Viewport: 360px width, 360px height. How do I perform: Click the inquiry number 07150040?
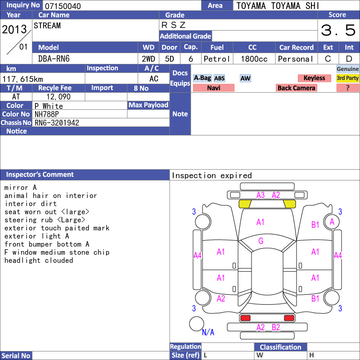point(63,6)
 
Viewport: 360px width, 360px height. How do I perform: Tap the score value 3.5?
point(338,30)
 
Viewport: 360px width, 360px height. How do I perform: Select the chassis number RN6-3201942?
point(57,122)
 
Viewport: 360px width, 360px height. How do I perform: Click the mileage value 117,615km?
point(22,79)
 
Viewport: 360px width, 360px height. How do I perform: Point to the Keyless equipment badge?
point(314,78)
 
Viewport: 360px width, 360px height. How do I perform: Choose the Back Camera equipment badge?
point(296,88)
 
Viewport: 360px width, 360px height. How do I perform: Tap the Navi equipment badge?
point(213,88)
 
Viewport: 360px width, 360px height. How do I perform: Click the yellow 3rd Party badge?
point(347,78)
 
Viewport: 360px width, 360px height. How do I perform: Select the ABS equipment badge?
point(219,78)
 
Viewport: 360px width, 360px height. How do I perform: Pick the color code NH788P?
point(47,114)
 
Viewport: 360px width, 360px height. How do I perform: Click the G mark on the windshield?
point(261,241)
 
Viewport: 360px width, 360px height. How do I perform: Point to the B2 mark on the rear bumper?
point(276,328)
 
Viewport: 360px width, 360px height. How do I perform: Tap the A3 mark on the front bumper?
point(261,195)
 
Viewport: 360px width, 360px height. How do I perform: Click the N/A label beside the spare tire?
point(208,332)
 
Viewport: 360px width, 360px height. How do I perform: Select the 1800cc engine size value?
point(254,59)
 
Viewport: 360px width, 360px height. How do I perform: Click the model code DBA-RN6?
point(54,59)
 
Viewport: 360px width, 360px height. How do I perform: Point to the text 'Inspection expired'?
point(211,175)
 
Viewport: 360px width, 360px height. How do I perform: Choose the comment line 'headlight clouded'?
point(39,261)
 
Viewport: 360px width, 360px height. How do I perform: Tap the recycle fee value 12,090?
point(58,97)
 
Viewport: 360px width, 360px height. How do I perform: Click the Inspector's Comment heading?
point(40,175)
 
